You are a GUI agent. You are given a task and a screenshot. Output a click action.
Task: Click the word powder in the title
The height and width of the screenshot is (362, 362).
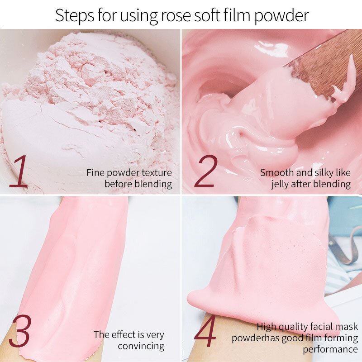click(x=281, y=16)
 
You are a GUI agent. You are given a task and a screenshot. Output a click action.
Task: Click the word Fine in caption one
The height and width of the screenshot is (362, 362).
click(x=95, y=172)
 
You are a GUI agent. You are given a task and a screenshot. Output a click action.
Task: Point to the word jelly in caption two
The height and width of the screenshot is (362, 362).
click(x=283, y=184)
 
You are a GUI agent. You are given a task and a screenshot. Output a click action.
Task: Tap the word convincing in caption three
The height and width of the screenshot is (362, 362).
click(x=141, y=346)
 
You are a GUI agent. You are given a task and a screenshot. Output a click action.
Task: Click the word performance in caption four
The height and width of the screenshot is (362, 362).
click(x=330, y=349)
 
